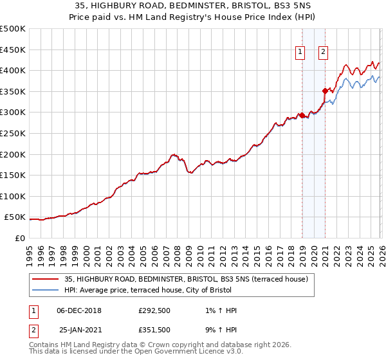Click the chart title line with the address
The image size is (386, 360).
tap(192, 6)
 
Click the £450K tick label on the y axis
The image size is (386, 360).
tap(13, 50)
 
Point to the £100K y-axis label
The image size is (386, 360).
tap(13, 196)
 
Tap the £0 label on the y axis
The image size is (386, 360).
tap(20, 239)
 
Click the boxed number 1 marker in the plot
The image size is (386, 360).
tap(300, 53)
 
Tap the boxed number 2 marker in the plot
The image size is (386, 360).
tap(323, 53)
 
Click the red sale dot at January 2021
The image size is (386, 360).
tap(325, 91)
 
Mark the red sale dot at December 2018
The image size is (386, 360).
tap(301, 116)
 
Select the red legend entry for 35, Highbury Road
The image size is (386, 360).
tap(187, 279)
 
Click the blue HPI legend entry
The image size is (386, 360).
tap(167, 290)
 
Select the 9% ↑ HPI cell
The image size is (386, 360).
tap(219, 329)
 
